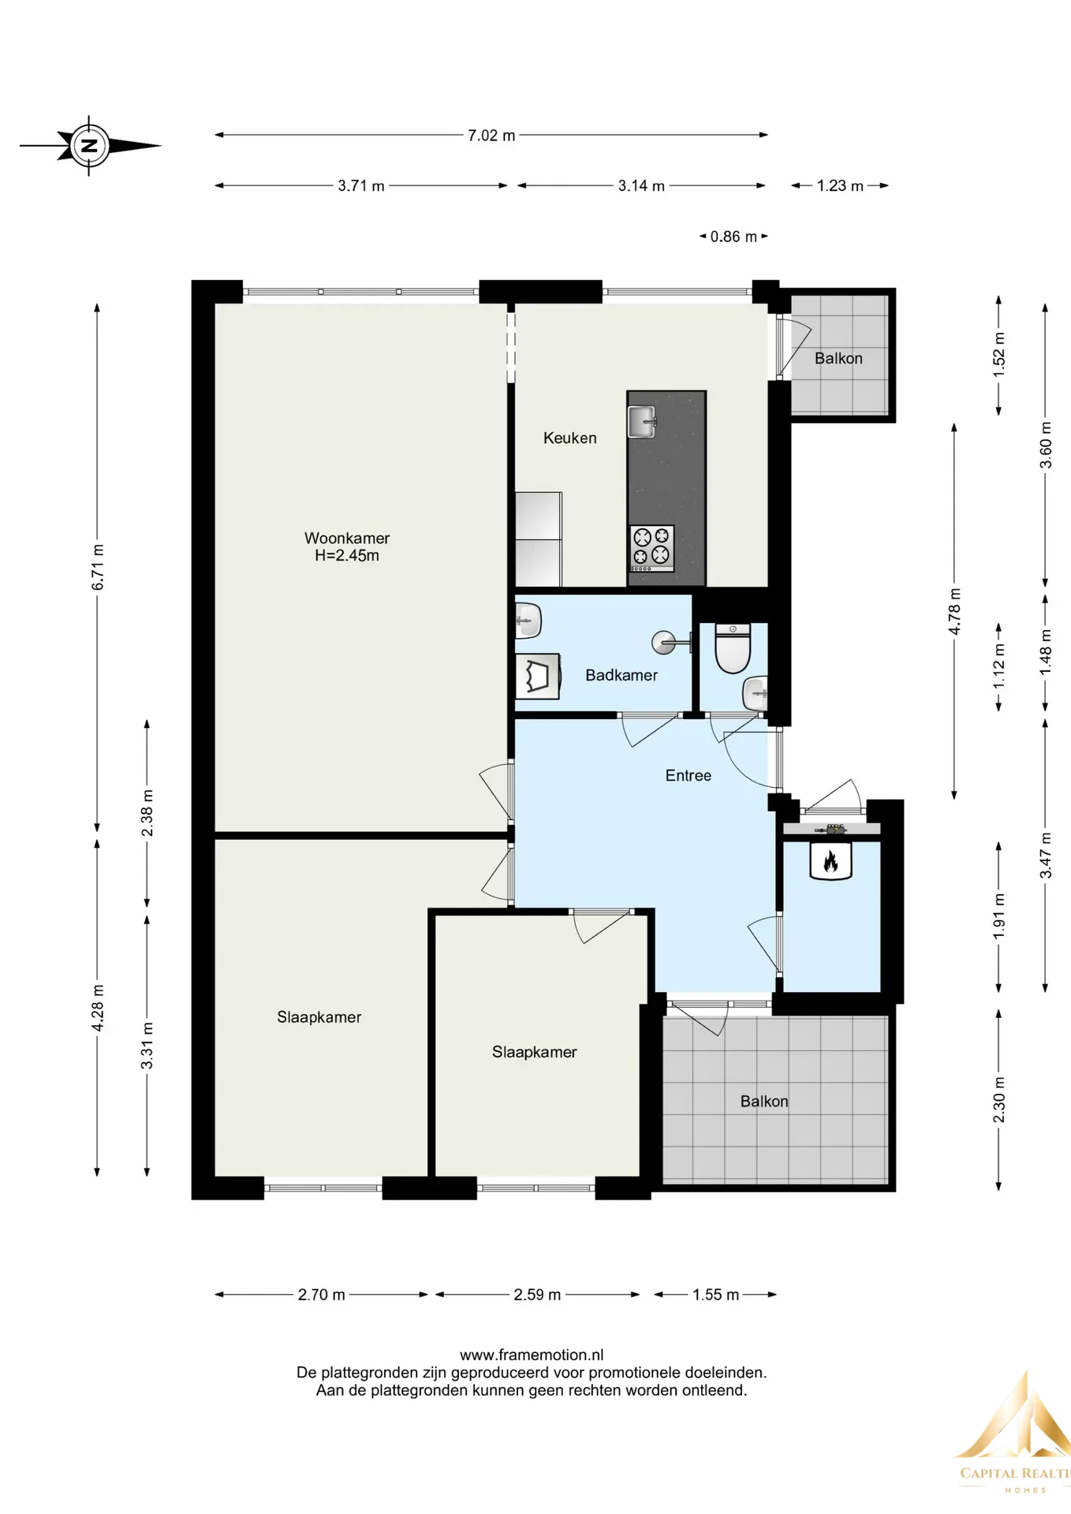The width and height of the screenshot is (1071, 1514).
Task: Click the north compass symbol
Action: [90, 146]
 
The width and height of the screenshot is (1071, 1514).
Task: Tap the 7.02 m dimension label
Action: [491, 136]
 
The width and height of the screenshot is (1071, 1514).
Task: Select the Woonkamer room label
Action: [347, 539]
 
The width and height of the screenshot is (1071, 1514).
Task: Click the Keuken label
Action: [569, 438]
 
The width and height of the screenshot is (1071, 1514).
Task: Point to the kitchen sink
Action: [642, 422]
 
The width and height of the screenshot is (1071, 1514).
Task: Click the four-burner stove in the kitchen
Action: [652, 548]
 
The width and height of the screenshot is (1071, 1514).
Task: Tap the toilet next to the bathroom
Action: [733, 648]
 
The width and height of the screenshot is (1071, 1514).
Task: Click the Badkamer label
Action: [621, 675]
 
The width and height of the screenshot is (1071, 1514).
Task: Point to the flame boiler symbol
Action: [830, 860]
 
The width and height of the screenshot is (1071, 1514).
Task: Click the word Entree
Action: [688, 776]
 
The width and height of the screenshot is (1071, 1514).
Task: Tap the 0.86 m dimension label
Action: [733, 237]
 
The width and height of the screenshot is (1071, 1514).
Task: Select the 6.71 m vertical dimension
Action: [98, 567]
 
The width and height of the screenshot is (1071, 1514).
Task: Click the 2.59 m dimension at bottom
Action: [537, 1295]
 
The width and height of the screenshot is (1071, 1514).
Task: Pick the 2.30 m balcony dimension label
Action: [999, 1100]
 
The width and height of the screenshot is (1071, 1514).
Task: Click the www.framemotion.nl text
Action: [532, 1356]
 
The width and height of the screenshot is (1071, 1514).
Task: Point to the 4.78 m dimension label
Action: [954, 611]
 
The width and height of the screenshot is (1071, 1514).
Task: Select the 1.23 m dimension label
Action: [840, 186]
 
